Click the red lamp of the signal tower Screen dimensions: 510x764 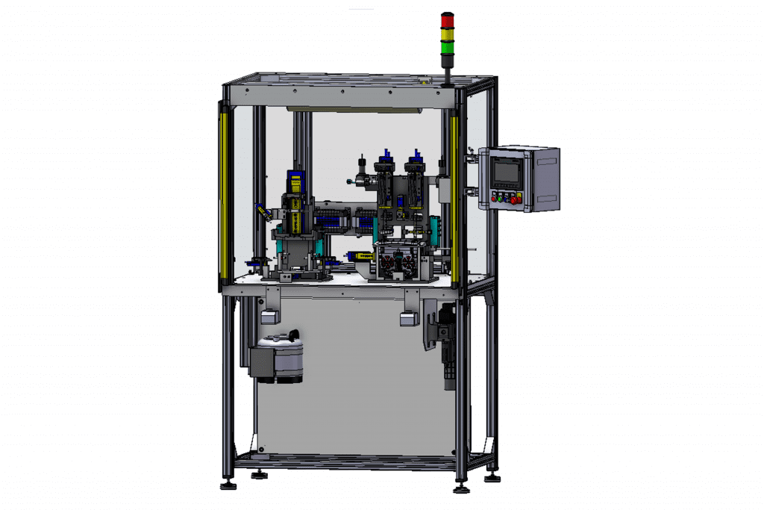pos(448,20)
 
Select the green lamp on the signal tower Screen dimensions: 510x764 pos(448,48)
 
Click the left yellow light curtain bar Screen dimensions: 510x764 pos(223,194)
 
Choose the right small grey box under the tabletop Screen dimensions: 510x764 pos(407,319)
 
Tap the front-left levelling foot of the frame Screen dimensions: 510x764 pos(228,485)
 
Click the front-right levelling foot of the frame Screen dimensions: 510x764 pos(460,489)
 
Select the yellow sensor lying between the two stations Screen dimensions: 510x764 pos(362,255)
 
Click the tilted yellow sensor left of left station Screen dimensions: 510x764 pos(263,211)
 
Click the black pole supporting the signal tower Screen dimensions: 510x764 pos(448,72)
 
